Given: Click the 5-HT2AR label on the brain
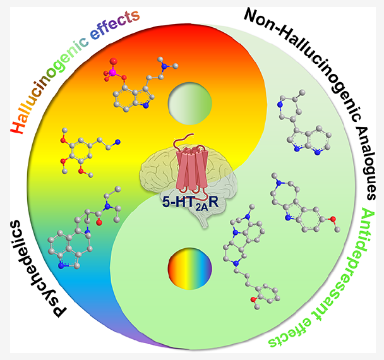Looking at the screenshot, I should point(193,204).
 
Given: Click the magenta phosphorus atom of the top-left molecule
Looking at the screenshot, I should point(115,75).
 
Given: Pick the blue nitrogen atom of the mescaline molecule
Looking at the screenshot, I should point(117,142).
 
